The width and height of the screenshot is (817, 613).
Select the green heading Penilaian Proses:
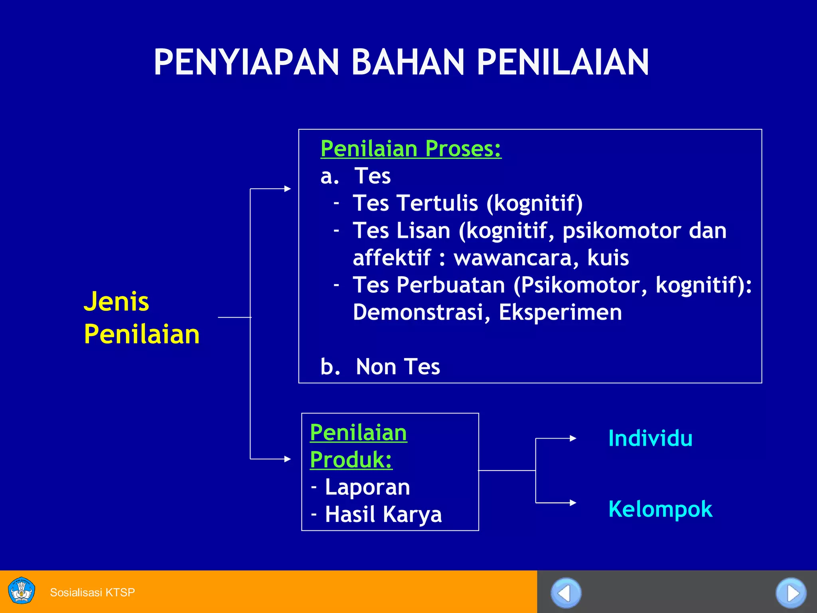click(x=410, y=148)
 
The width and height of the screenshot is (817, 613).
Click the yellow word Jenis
click(x=116, y=301)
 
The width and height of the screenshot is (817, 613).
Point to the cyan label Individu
click(x=650, y=438)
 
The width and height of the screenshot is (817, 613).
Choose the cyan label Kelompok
click(x=660, y=509)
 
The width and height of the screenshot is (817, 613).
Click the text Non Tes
click(x=397, y=366)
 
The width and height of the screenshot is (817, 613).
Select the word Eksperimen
click(x=560, y=312)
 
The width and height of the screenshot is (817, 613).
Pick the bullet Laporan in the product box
click(x=367, y=487)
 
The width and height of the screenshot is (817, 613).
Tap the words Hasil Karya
click(x=383, y=514)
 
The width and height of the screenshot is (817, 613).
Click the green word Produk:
click(x=351, y=460)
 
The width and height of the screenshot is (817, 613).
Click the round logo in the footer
click(x=22, y=591)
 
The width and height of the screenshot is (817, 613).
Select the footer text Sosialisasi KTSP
click(x=92, y=592)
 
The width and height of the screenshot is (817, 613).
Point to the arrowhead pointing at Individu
click(x=573, y=438)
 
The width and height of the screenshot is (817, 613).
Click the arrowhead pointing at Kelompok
click(x=573, y=502)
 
